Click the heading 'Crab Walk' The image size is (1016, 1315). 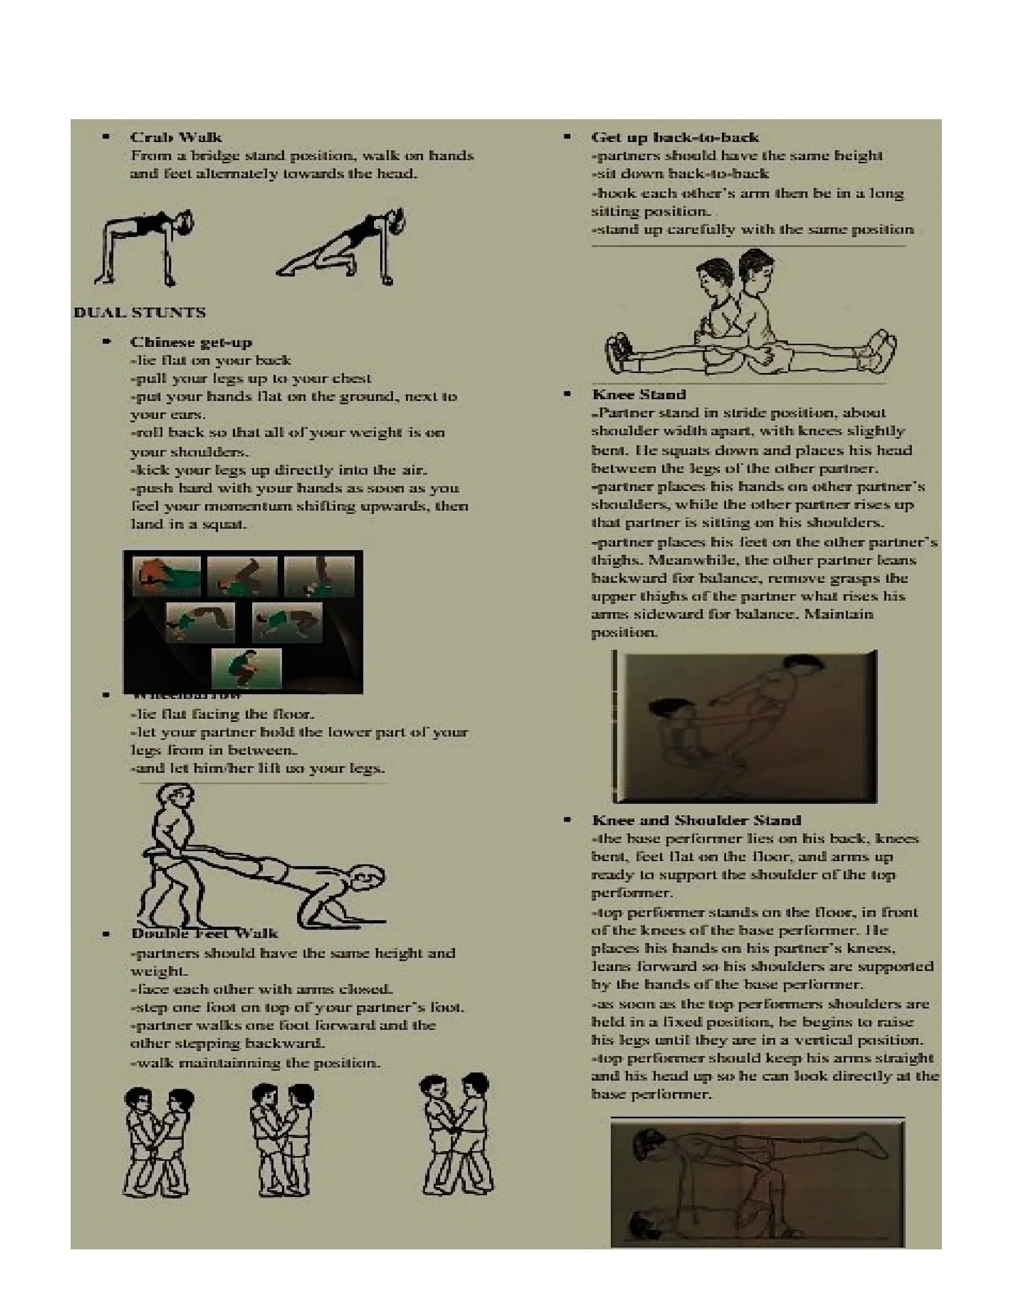pyautogui.click(x=176, y=137)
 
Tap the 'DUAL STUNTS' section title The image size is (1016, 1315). pyautogui.click(x=139, y=313)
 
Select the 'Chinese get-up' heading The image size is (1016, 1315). pyautogui.click(x=191, y=342)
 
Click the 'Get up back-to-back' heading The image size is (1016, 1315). pyautogui.click(x=675, y=137)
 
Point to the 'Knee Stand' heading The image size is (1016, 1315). pyautogui.click(x=638, y=394)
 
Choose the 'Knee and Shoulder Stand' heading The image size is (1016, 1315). pyautogui.click(x=696, y=820)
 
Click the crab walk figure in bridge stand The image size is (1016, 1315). pyautogui.click(x=144, y=247)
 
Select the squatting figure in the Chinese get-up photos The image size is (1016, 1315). pyautogui.click(x=246, y=668)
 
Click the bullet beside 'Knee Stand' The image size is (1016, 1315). pyautogui.click(x=567, y=394)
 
